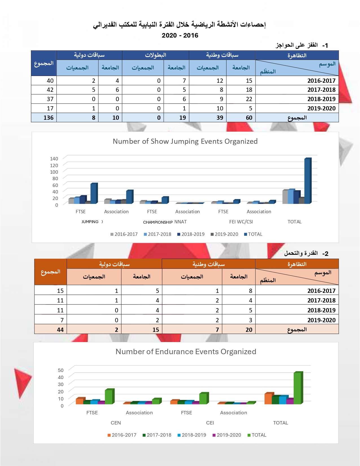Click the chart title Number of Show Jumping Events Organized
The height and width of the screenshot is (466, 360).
pos(185,141)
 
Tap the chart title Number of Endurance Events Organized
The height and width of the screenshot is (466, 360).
pos(186,352)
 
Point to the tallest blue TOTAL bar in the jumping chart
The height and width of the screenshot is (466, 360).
pos(307,181)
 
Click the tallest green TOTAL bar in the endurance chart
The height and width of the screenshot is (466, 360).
pos(298,388)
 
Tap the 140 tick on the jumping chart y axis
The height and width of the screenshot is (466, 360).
pos(54,159)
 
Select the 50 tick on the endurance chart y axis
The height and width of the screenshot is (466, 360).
pos(61,370)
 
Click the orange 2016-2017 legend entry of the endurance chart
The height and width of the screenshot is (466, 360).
pos(122,435)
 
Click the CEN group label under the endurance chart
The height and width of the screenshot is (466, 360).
pos(116,423)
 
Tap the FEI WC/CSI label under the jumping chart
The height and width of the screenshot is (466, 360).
pos(241,222)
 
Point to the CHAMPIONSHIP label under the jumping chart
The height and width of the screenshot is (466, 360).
pos(158,222)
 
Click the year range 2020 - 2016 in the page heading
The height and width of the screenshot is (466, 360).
pos(180,35)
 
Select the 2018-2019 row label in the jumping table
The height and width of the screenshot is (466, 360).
pos(321,99)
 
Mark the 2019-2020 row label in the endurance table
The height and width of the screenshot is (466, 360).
pos(321,320)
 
